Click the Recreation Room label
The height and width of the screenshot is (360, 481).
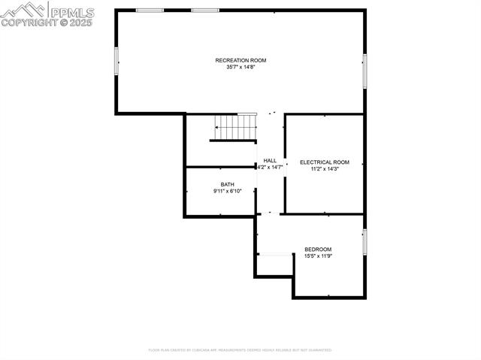pos(240,60)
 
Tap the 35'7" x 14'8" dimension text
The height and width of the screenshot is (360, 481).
pos(240,67)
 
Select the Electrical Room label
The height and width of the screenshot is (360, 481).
pos(325,162)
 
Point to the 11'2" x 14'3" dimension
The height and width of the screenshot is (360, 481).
pos(325,169)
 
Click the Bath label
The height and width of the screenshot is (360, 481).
pos(227,185)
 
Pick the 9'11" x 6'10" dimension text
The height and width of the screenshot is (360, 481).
pos(227,192)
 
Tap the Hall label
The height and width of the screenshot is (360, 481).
pos(270,160)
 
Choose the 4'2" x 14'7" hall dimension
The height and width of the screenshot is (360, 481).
pos(270,167)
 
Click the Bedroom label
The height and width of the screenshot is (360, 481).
pos(318,250)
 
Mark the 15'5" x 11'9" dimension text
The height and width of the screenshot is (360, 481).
pos(318,256)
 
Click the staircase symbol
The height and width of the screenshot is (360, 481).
pos(234,127)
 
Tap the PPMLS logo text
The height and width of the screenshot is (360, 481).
pos(71,11)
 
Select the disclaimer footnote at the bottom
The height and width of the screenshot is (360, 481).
pos(240,349)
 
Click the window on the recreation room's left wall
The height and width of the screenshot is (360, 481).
pos(116,61)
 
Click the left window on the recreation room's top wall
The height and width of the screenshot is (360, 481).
pos(150,10)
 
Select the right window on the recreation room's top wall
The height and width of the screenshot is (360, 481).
pos(204,10)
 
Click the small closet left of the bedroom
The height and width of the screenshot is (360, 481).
pos(274,265)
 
